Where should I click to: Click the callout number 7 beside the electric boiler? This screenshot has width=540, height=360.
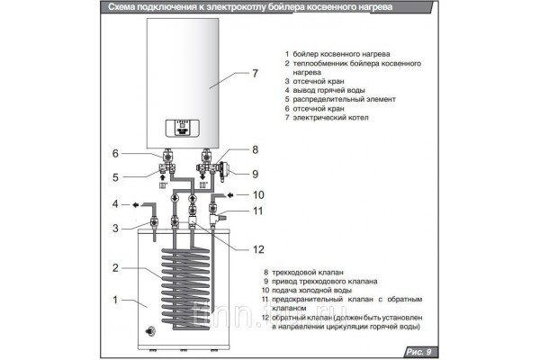tap(255, 73)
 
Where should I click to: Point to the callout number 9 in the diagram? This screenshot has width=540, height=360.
tap(256, 174)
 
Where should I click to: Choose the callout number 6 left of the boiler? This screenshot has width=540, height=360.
tap(114, 152)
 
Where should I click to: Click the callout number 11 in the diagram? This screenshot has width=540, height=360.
tap(256, 212)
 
